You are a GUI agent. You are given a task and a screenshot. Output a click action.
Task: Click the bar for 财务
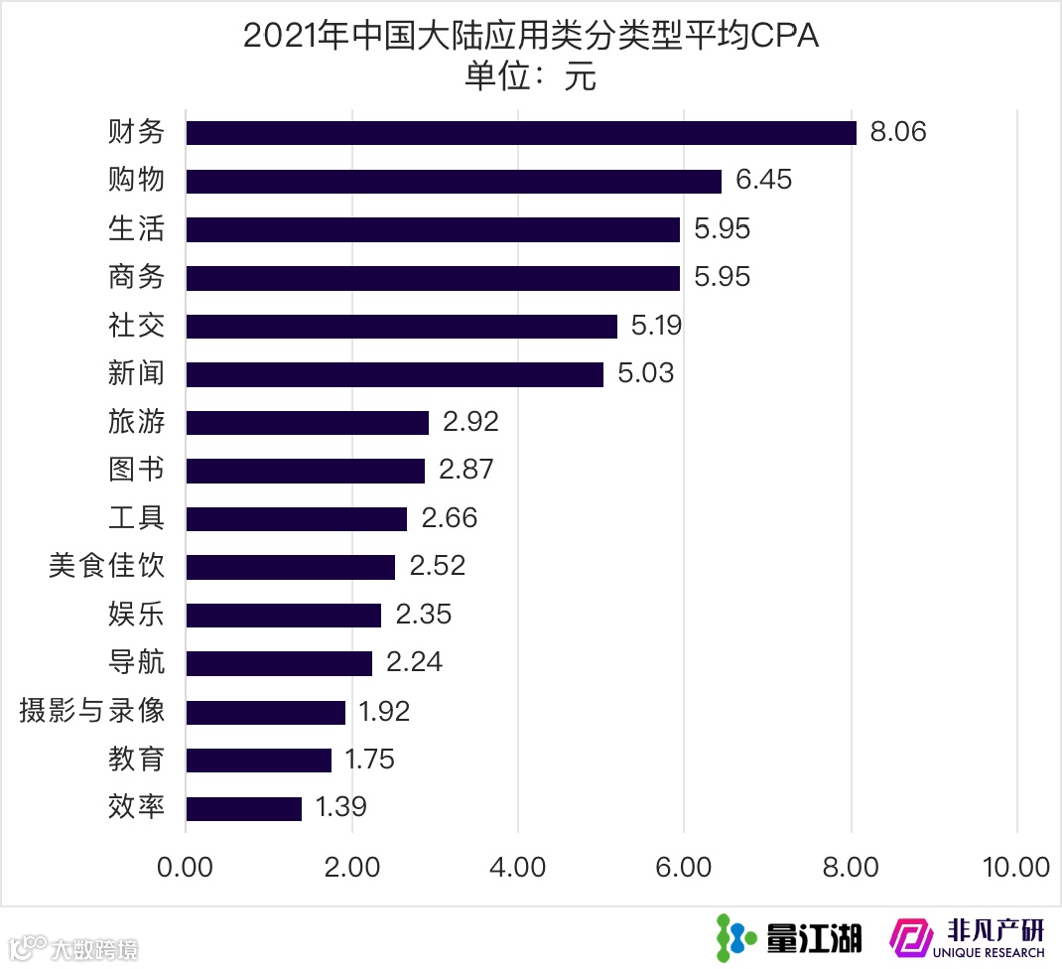521,133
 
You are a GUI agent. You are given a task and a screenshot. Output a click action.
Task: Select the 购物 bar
454,181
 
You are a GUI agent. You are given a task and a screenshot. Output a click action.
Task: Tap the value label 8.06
897,132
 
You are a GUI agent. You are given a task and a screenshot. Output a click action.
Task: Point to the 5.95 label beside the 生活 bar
722,229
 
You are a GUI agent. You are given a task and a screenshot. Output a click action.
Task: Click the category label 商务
136,277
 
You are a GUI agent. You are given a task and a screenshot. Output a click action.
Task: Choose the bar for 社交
401,326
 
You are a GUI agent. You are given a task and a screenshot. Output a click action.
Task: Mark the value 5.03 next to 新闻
645,373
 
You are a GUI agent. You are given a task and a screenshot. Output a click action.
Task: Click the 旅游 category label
136,422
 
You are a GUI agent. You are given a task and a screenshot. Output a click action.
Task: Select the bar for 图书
305,471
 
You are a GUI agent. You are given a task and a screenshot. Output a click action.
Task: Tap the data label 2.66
449,518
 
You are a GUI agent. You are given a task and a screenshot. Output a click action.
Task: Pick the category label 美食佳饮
106,566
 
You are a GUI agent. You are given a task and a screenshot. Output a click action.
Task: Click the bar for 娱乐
283,615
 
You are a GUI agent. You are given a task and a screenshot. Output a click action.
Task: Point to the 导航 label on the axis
136,662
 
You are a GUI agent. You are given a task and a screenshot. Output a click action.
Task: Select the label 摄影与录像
91,711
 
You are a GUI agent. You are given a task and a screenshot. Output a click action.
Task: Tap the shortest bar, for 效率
243,808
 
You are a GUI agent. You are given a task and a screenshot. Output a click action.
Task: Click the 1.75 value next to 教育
369,760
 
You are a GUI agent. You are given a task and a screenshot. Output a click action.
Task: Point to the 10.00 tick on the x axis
1015,867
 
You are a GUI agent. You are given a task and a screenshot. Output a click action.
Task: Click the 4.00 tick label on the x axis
518,867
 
